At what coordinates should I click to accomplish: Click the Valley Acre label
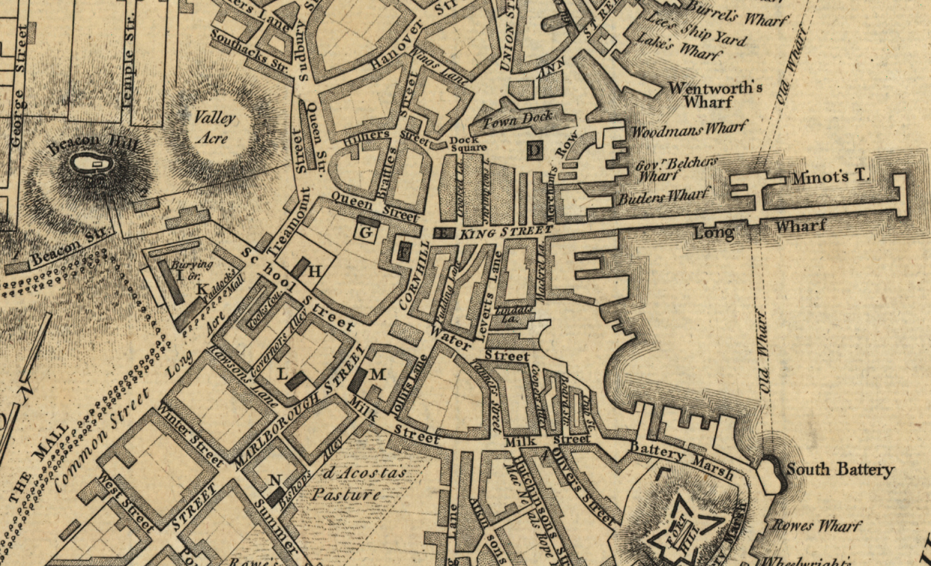pos(214,127)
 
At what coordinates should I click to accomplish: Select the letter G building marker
pos(366,233)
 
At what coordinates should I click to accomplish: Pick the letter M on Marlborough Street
pos(377,374)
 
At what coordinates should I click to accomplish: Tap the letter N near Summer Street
pos(275,480)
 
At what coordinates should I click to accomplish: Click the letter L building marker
pos(283,373)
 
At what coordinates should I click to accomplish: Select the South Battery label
pos(840,470)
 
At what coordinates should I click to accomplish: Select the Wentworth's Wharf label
pos(715,94)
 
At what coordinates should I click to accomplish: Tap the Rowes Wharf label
pos(816,526)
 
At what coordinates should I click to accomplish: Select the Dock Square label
pos(468,143)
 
